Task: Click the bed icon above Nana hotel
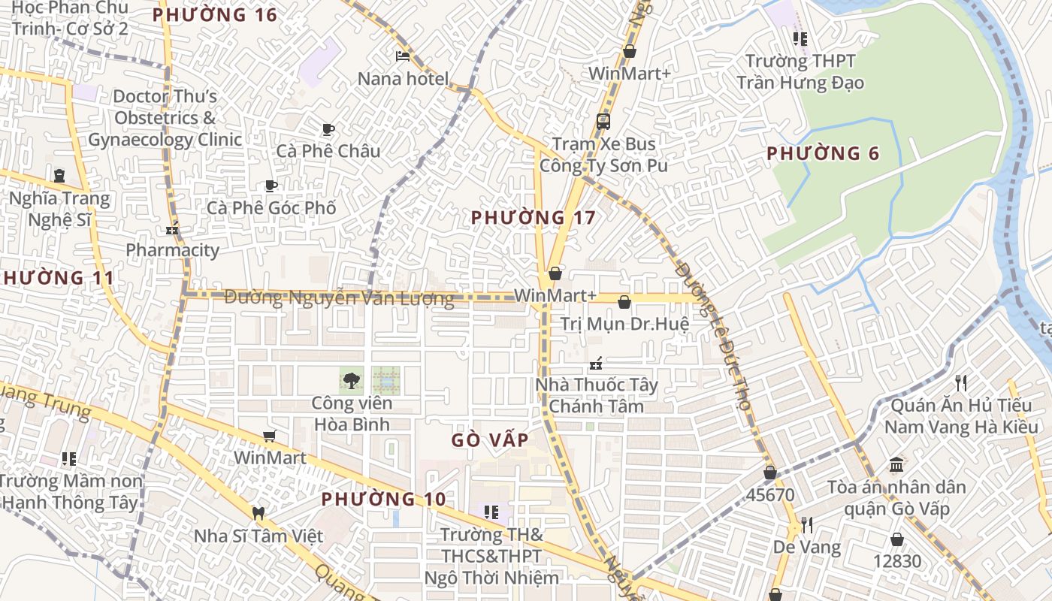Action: (x=403, y=56)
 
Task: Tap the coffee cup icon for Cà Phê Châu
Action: (x=328, y=129)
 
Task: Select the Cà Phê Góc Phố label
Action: (x=271, y=208)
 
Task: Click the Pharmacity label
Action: (x=172, y=250)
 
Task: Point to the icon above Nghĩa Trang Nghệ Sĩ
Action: (x=59, y=176)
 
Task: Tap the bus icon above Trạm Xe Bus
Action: (x=603, y=121)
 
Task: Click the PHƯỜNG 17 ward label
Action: (x=533, y=218)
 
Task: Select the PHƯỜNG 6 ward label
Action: (x=822, y=154)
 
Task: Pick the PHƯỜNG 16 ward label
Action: (x=214, y=15)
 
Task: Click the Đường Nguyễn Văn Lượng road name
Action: (x=339, y=298)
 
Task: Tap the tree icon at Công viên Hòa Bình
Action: (x=351, y=380)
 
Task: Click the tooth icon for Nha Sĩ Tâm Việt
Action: (x=258, y=514)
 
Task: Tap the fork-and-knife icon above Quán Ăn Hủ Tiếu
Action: (x=960, y=383)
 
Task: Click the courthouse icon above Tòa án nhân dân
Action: (x=896, y=464)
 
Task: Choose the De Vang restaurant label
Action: (x=807, y=547)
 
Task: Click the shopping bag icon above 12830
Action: (x=896, y=539)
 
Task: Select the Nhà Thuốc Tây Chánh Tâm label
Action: (x=596, y=395)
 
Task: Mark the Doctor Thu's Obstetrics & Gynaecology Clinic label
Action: (x=165, y=118)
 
